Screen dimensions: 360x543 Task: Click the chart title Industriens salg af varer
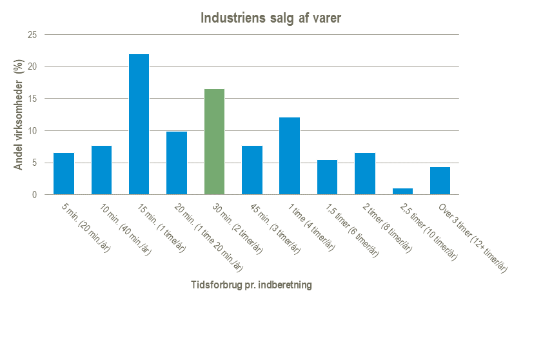pos(271,18)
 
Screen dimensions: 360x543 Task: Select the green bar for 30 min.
pos(214,142)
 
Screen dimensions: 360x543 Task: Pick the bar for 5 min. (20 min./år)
pos(64,174)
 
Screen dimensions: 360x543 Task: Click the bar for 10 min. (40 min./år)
pos(101,170)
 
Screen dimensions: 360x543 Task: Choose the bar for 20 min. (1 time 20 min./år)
pos(177,163)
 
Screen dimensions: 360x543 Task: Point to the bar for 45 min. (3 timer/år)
pos(252,170)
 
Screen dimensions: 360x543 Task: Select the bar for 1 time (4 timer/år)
pos(290,156)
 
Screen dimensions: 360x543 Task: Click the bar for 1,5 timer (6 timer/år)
pos(327,177)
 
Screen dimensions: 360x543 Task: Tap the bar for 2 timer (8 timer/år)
pos(365,174)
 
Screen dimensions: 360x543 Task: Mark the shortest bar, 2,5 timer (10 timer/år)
pos(402,192)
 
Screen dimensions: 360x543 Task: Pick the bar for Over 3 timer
pos(440,181)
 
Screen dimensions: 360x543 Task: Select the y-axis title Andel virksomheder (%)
pos(19,115)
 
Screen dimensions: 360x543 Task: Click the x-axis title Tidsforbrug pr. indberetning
pos(252,285)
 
